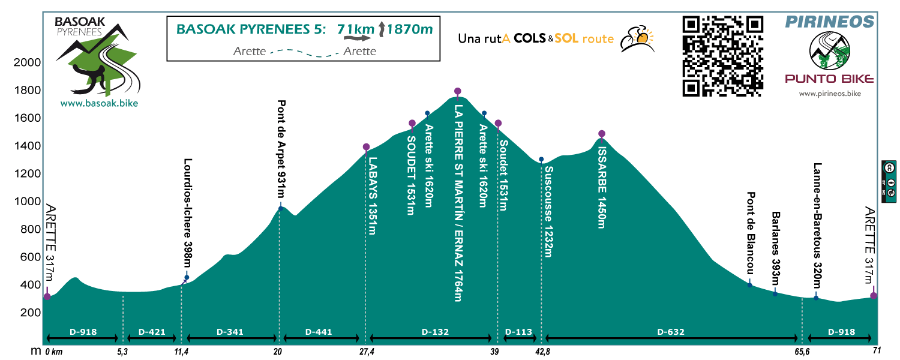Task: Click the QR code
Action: click(723, 56)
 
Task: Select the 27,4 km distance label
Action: click(367, 352)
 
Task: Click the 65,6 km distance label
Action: click(802, 352)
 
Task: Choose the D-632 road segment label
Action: click(671, 331)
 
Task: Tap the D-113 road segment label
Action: click(519, 331)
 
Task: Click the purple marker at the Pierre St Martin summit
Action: click(458, 91)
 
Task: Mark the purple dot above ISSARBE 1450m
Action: click(602, 134)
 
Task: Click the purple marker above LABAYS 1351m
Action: click(366, 147)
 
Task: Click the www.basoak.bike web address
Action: click(99, 104)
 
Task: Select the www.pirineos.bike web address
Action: click(830, 94)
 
